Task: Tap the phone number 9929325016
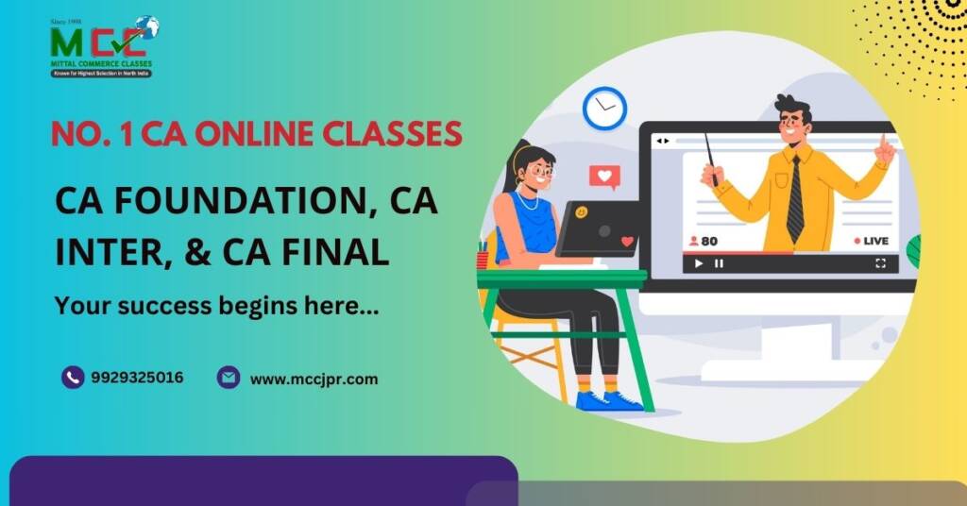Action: click(137, 379)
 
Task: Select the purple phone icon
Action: click(73, 378)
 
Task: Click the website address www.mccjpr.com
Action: click(314, 379)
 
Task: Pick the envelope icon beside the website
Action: click(228, 378)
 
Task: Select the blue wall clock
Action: click(604, 108)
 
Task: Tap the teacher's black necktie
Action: click(794, 198)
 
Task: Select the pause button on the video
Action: click(719, 263)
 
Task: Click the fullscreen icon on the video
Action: click(880, 263)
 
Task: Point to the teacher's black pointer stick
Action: click(710, 157)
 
